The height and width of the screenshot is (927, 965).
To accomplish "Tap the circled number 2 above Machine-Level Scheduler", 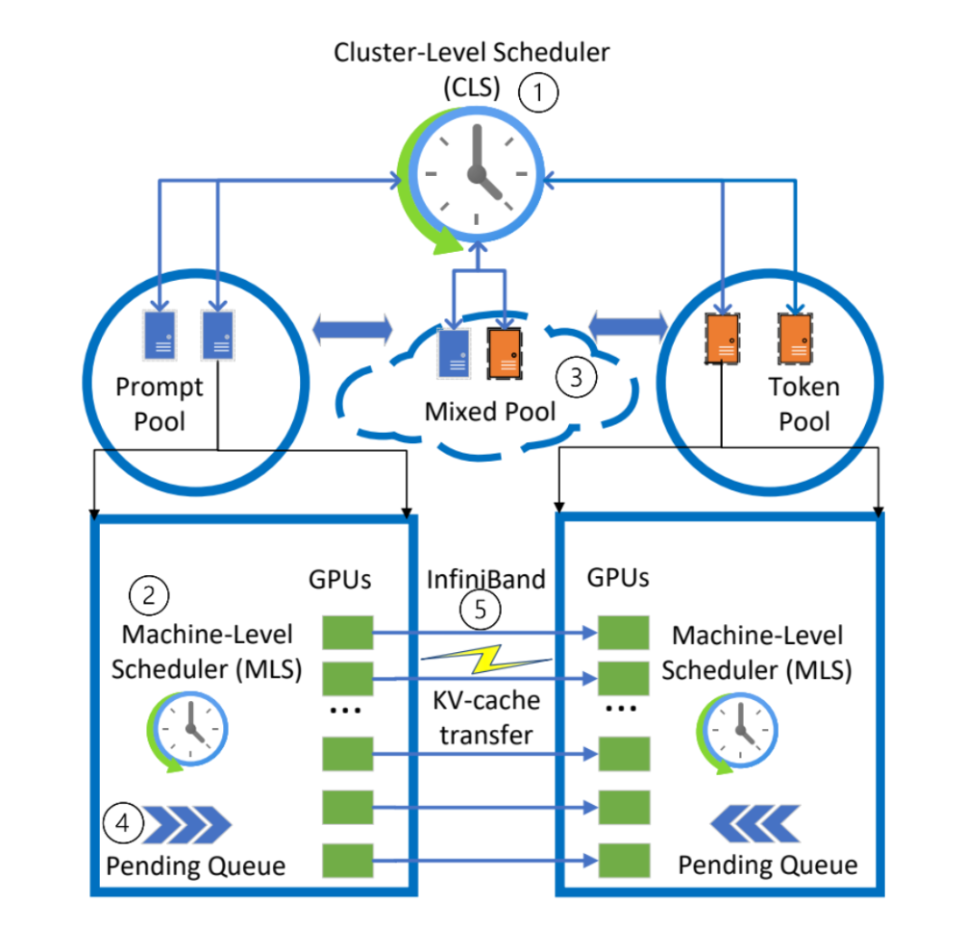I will (149, 595).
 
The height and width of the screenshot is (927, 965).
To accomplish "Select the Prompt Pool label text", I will (160, 404).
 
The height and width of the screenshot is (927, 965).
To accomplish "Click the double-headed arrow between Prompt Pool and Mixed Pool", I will (352, 331).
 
